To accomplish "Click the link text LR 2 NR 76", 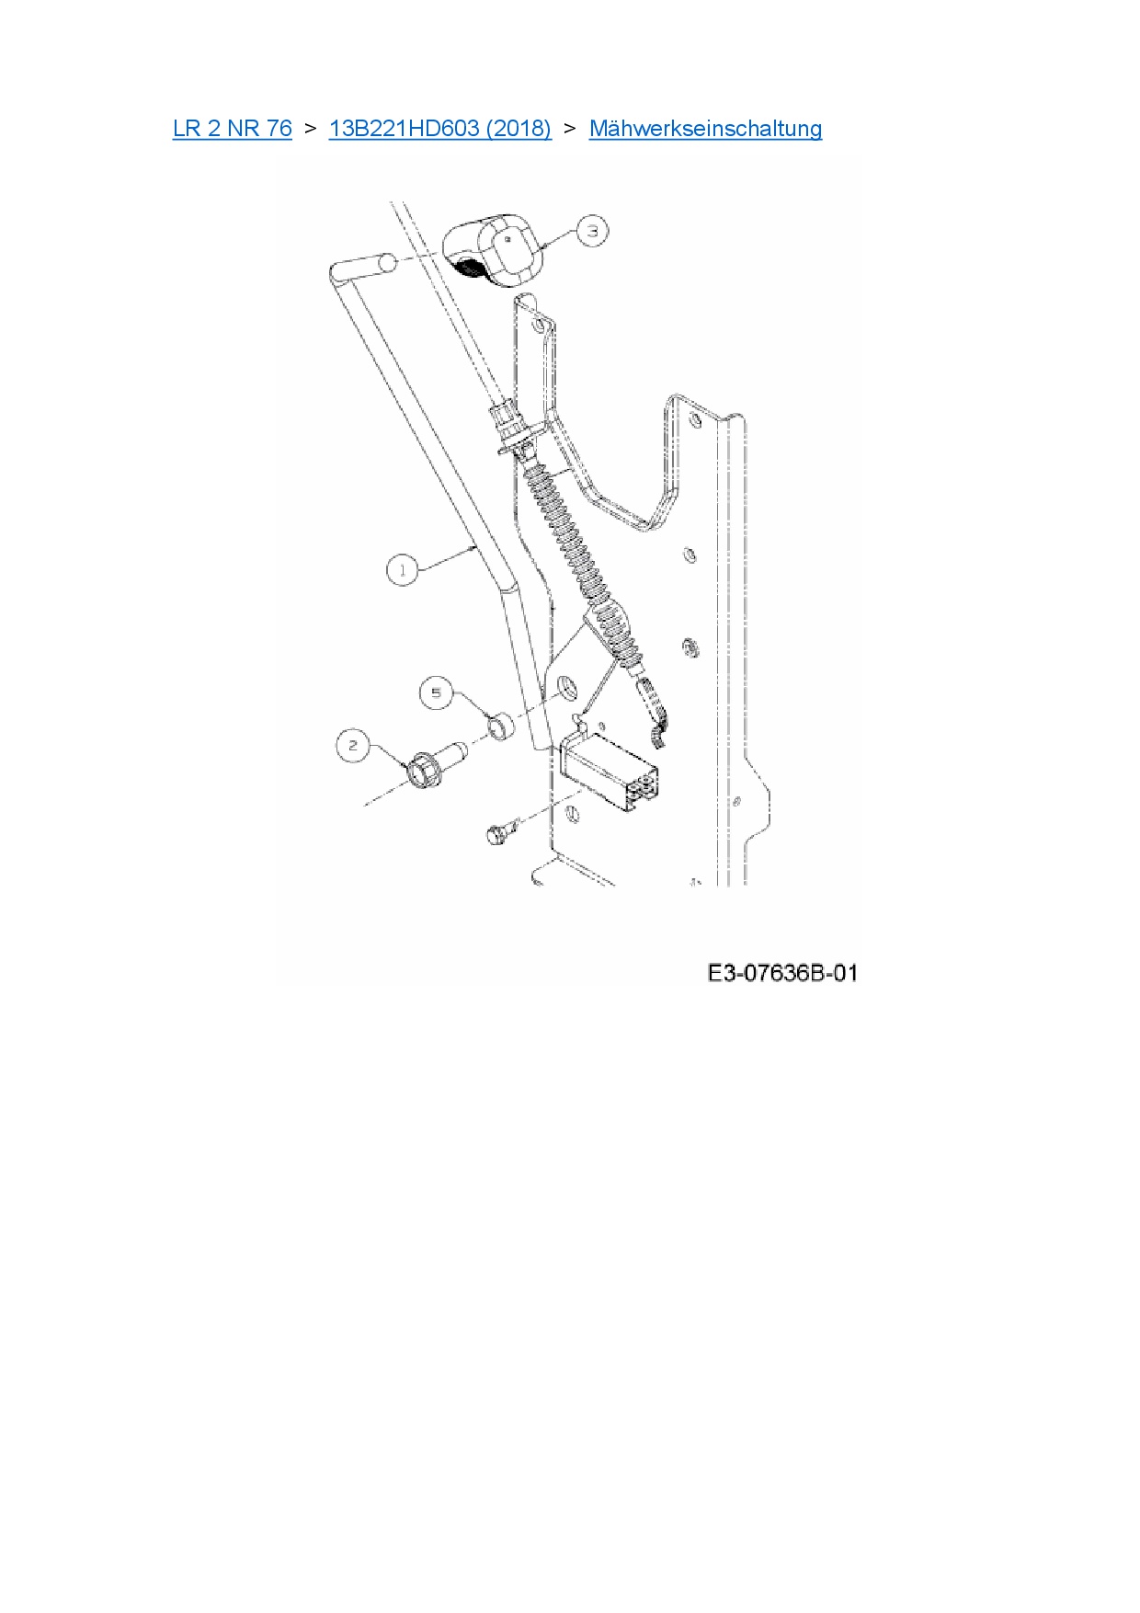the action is tap(232, 129).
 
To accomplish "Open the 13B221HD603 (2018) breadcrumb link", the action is tap(439, 129).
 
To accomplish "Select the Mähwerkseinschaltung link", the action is tap(705, 129).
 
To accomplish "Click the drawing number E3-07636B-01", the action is tap(782, 973).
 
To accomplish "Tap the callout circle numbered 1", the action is tap(402, 570).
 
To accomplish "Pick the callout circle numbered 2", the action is tap(353, 746).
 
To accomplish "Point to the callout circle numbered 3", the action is tap(592, 231).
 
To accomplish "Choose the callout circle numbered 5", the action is tap(437, 692).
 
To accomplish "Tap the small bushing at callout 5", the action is tap(500, 727).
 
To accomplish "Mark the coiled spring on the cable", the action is tap(575, 552).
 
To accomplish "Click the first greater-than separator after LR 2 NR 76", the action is tap(310, 129).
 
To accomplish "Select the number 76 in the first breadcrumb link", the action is tap(279, 129).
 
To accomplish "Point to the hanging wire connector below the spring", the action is tap(652, 713).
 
